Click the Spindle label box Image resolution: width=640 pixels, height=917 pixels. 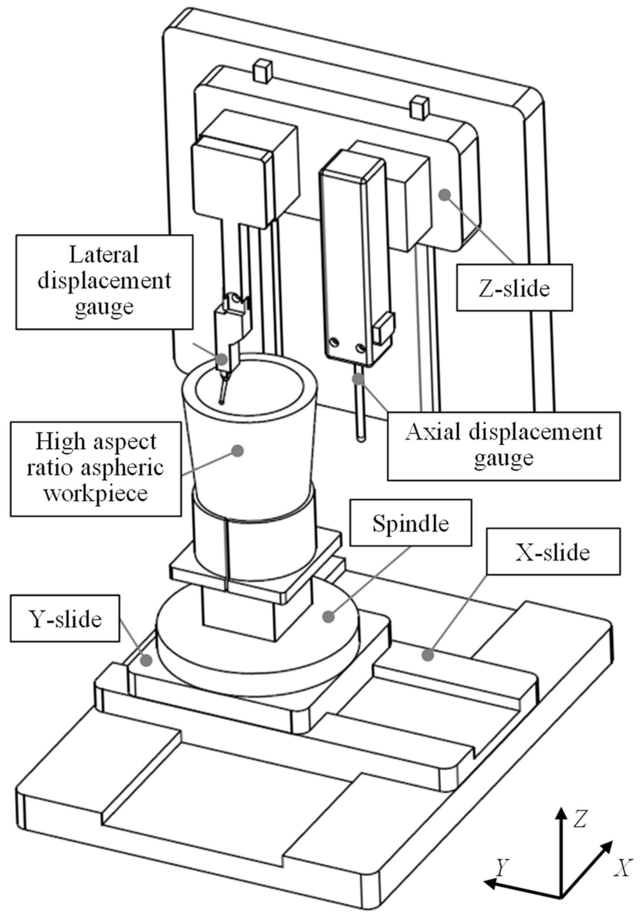tap(410, 522)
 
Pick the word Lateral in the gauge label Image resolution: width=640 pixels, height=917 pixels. tap(104, 254)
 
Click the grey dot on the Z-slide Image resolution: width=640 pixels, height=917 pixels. tap(444, 195)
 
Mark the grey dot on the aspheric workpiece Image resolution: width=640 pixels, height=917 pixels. tap(238, 451)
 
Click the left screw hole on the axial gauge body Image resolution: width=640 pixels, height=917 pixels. tap(334, 342)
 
